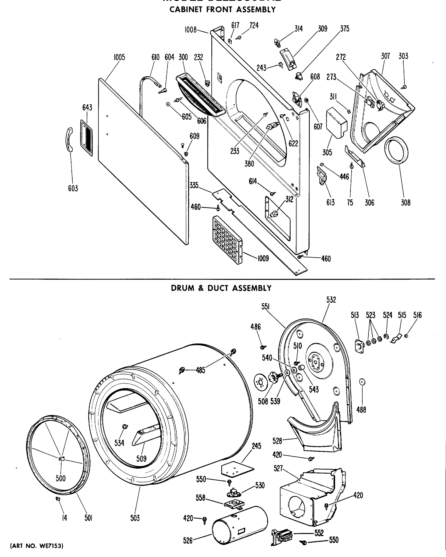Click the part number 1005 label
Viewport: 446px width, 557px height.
tap(119, 57)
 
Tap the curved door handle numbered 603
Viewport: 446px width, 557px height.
tap(69, 139)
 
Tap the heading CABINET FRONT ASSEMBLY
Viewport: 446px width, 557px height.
tap(222, 10)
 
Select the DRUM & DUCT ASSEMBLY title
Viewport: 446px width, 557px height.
tap(221, 288)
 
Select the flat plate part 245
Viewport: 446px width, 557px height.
tap(237, 470)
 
